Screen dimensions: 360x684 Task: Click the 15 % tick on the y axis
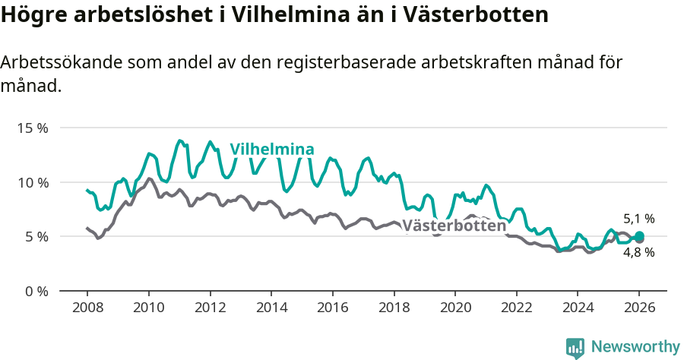point(32,128)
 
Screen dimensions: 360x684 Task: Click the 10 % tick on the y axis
point(32,182)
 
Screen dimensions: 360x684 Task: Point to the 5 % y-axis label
point(35,236)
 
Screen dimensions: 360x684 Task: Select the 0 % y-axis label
point(35,291)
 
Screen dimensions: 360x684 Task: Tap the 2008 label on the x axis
point(87,309)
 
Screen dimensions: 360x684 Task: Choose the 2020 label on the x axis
point(455,309)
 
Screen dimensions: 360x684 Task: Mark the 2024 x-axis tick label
point(578,309)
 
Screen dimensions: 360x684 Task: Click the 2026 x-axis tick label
point(639,309)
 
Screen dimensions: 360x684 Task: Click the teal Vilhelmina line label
point(272,149)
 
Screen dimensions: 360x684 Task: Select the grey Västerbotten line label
point(454,226)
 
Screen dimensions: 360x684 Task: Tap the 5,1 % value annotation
point(638,219)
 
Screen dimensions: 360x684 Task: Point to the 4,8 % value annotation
point(638,253)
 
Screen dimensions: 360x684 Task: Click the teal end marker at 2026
point(640,235)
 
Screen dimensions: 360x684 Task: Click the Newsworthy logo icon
point(575,347)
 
